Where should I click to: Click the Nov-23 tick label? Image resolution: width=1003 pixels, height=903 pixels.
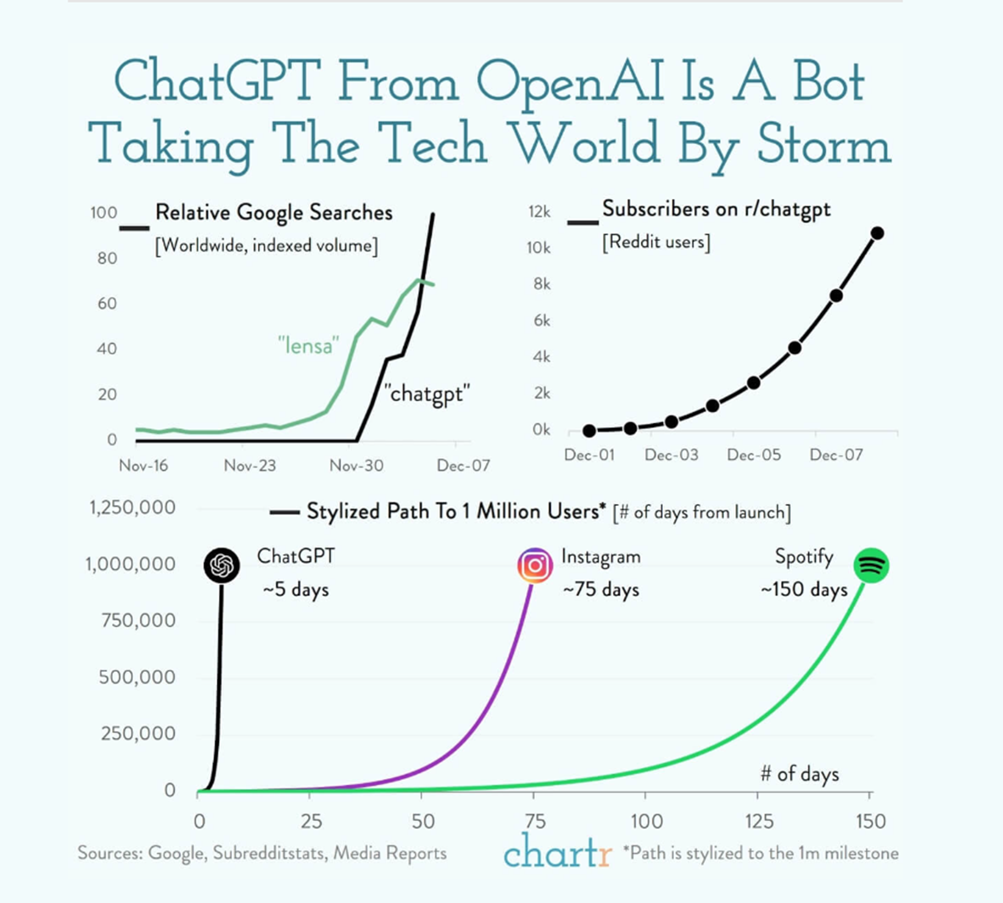(249, 465)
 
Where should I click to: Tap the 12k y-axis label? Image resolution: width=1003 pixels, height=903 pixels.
(539, 212)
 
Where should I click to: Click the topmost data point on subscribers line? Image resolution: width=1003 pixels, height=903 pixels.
(877, 233)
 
